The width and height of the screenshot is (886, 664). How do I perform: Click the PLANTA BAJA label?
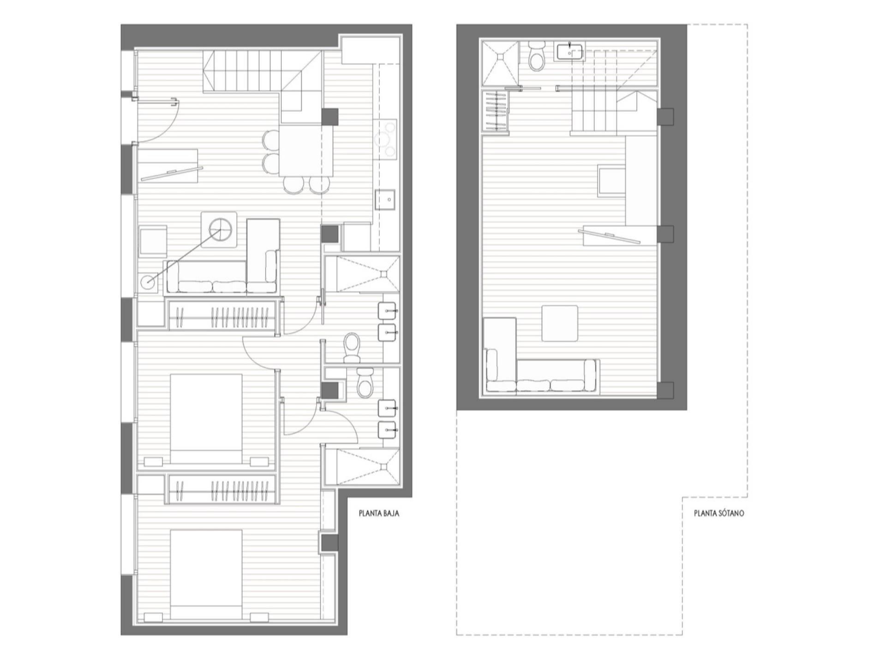tap(379, 513)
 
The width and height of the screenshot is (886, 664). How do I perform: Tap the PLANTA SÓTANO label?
tap(719, 513)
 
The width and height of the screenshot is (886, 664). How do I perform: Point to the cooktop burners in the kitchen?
tap(385, 140)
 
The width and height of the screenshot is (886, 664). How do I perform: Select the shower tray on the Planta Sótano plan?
tap(500, 63)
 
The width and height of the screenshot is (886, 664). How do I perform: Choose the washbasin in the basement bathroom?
tap(570, 52)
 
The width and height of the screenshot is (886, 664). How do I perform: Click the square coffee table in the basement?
tap(560, 323)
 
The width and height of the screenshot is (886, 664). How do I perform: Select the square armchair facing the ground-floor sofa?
tap(153, 241)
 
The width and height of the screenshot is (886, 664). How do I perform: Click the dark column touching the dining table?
tap(329, 117)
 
